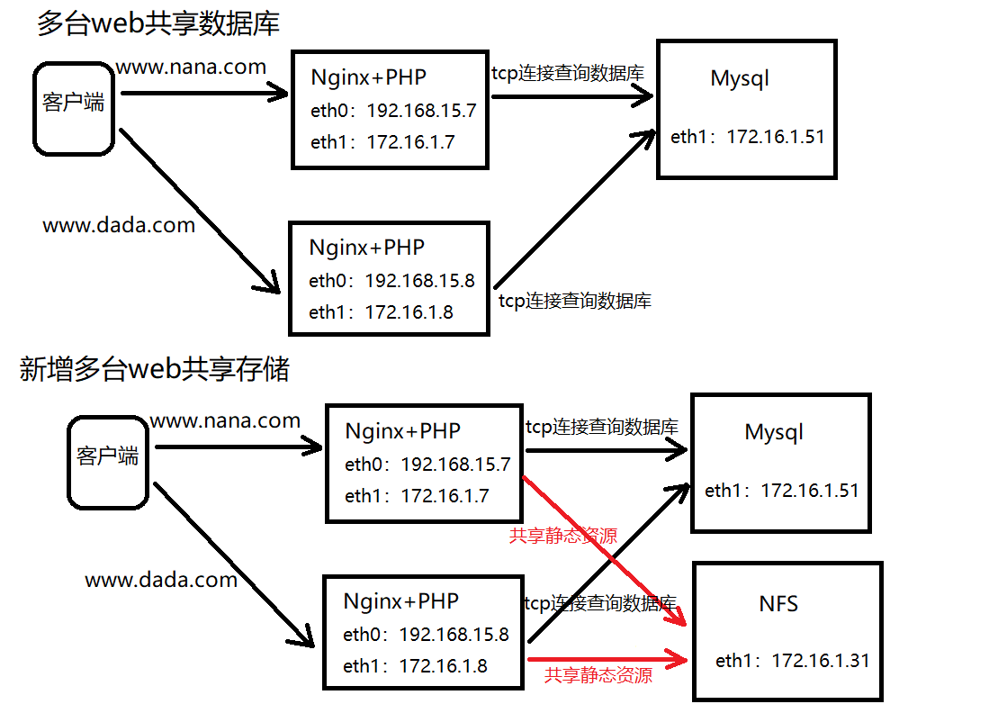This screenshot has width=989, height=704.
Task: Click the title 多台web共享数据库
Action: click(157, 23)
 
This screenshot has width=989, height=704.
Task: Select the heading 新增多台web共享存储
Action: click(154, 368)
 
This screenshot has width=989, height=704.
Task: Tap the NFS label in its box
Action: click(778, 603)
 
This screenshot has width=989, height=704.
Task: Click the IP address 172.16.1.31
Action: click(821, 661)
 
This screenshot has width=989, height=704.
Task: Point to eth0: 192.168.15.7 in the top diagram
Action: click(393, 112)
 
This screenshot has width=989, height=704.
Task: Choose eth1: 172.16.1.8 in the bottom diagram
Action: click(415, 666)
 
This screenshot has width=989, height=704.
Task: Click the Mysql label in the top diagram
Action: click(740, 78)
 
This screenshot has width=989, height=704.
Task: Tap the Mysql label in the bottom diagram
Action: click(774, 432)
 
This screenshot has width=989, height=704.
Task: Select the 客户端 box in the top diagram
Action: click(73, 107)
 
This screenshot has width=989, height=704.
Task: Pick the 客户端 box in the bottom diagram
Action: click(108, 460)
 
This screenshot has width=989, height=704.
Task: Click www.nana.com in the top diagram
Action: click(191, 67)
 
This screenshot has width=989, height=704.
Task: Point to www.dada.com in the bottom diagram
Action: click(161, 580)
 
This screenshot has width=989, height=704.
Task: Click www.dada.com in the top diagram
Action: click(119, 225)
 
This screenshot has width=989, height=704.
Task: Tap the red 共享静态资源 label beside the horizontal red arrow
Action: click(598, 674)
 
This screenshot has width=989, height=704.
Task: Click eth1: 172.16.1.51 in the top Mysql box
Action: click(747, 137)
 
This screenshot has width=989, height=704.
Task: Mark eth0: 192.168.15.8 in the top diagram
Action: click(391, 280)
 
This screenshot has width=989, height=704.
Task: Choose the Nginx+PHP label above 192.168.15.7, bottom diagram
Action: click(402, 431)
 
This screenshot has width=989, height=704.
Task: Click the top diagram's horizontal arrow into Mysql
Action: click(572, 97)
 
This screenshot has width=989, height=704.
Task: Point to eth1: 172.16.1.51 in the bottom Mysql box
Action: click(781, 491)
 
